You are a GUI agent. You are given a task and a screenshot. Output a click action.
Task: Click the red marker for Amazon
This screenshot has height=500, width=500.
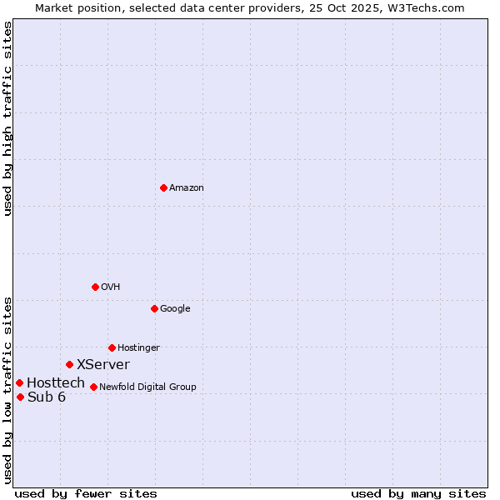pos(163,187)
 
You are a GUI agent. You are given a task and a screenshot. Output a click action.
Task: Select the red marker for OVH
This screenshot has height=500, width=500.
pos(95,287)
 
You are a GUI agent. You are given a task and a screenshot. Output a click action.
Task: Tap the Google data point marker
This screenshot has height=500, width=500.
pos(154,308)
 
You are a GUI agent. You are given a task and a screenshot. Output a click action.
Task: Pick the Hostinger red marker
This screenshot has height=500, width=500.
pos(112,347)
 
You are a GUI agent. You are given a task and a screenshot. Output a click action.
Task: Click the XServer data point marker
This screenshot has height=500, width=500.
pos(69,364)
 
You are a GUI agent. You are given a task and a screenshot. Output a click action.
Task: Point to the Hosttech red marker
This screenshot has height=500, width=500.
pos(19,382)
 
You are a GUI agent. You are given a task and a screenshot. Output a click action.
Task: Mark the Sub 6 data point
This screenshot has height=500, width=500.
pos(20,397)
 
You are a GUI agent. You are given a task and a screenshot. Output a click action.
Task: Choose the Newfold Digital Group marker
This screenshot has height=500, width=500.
pos(93,387)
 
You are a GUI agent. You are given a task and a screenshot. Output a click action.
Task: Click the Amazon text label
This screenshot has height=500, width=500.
pos(187,188)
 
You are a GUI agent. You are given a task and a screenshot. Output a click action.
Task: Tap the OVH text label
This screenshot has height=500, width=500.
pos(111,287)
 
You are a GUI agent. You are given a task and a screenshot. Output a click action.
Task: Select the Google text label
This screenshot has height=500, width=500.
pos(175,309)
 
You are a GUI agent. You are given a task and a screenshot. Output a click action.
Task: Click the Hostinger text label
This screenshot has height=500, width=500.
pos(138,348)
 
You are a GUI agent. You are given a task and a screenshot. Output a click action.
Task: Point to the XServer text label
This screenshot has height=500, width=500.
pos(103,365)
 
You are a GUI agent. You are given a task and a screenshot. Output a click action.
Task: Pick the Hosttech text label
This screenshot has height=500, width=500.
pos(56,383)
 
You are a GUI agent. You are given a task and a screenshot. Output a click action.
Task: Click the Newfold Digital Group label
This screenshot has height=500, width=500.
pos(147,387)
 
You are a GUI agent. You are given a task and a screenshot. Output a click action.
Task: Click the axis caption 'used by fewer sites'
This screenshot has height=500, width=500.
pos(86,493)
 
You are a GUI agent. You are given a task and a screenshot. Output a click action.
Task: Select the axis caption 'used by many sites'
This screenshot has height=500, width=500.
pos(418,493)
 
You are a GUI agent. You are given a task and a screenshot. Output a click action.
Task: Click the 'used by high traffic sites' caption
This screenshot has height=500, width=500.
pos(8,118)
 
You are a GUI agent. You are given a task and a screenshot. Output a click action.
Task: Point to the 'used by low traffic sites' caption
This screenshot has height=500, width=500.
pos(8,390)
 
